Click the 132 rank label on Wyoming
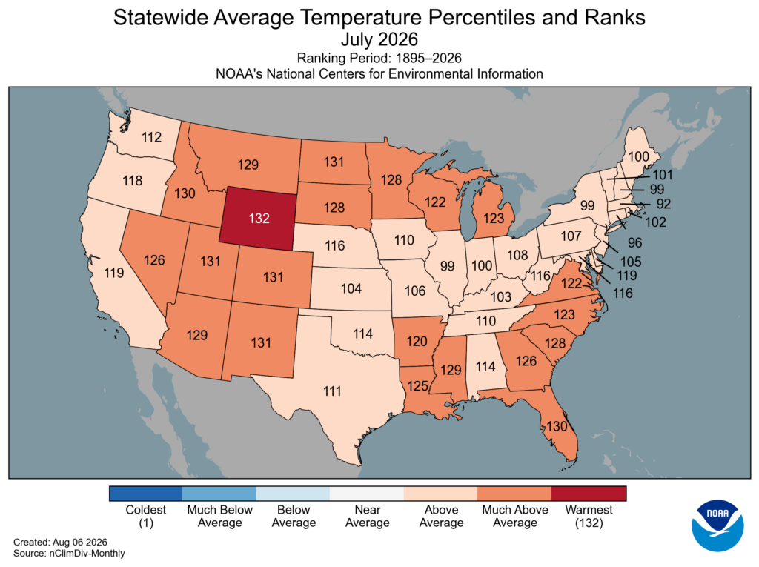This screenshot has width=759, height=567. pos(259,219)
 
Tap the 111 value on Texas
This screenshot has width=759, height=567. pos(333,391)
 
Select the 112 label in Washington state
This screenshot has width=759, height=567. pos(151,138)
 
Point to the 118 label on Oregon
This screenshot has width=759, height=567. pos(132,181)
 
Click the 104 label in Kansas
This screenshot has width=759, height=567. pos(351,288)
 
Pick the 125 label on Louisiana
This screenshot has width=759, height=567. pos(418,386)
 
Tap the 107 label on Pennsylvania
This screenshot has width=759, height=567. pos(571,236)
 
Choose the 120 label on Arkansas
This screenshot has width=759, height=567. pos(417,342)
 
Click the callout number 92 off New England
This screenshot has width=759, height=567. pos(663,204)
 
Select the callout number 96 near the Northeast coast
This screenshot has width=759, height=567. pos(635,242)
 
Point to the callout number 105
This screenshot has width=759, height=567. pos(631,262)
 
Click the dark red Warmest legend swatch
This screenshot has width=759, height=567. pos(589,494)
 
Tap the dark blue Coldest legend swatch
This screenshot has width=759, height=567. pos(146,494)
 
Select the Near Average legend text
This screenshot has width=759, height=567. pos(368,516)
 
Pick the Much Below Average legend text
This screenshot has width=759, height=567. pos(219,516)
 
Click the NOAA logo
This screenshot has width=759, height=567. pos(717,525)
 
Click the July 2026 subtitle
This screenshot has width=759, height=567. pos(379,39)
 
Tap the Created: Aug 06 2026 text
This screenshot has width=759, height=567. pos(60,542)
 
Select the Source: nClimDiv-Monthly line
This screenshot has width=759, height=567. pos(69,553)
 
